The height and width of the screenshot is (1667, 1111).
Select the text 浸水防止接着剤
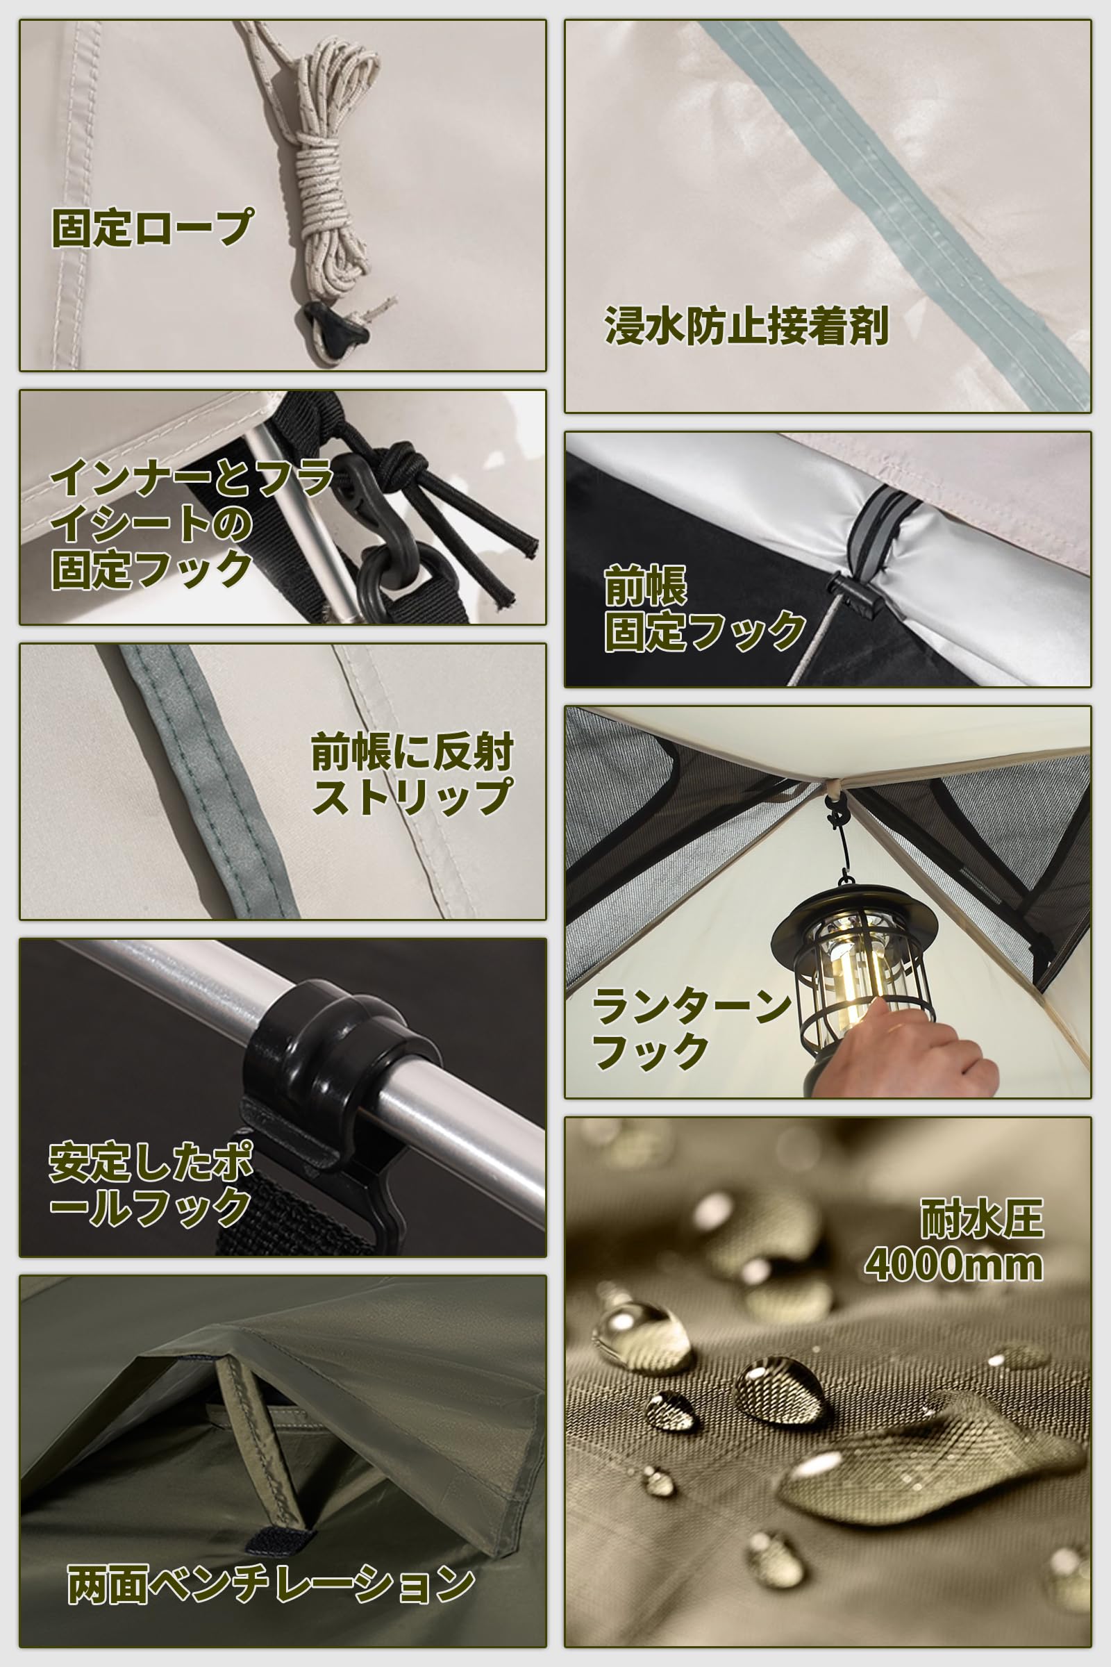click(746, 326)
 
